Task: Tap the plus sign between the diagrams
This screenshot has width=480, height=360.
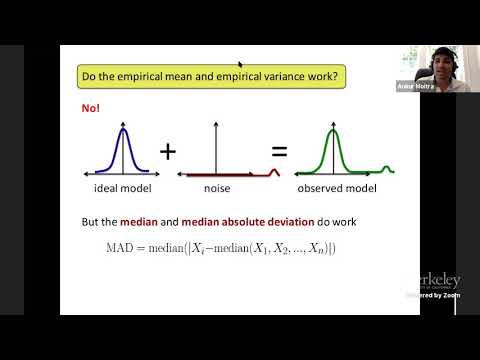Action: (168, 151)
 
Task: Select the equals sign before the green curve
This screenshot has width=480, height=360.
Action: (279, 153)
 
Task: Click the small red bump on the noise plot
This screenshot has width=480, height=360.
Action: (263, 171)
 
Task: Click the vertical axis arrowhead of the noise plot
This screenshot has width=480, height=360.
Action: (212, 124)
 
